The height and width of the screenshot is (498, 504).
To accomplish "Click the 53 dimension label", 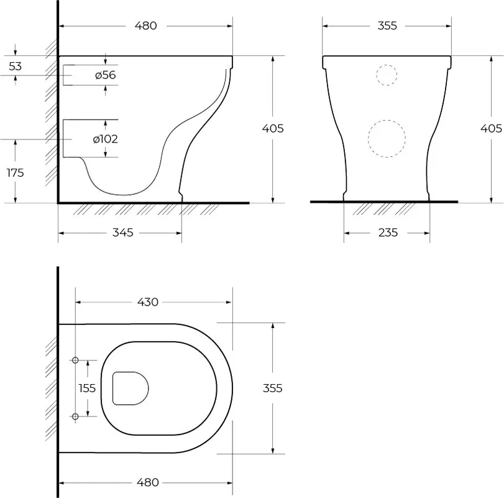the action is [15, 66].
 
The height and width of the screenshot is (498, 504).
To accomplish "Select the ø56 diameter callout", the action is [105, 75].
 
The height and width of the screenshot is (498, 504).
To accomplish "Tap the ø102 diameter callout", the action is [106, 139].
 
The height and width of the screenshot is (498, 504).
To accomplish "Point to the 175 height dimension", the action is [15, 173].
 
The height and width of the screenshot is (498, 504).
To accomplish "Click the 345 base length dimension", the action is [123, 232].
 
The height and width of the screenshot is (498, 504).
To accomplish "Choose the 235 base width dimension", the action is [388, 232].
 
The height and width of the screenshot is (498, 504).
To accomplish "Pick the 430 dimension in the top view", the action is [148, 302].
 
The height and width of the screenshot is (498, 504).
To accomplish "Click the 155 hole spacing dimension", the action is [87, 388].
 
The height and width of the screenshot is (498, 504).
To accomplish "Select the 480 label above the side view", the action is [145, 26].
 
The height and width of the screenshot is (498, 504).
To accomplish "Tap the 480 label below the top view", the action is [148, 482].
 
